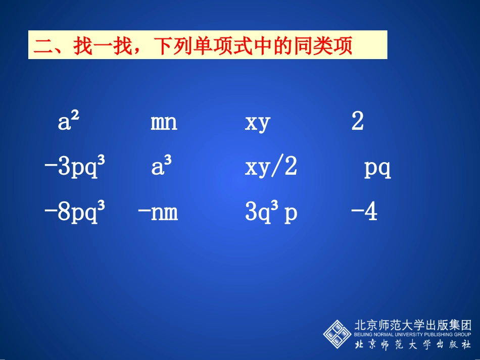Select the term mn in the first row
click(x=164, y=123)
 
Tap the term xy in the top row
click(x=258, y=123)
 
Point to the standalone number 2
click(x=357, y=122)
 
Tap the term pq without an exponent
click(x=377, y=169)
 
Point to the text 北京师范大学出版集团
click(x=412, y=325)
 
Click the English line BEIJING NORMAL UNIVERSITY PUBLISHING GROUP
click(x=412, y=334)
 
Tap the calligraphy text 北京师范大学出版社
click(x=412, y=345)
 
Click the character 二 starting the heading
click(x=42, y=46)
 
